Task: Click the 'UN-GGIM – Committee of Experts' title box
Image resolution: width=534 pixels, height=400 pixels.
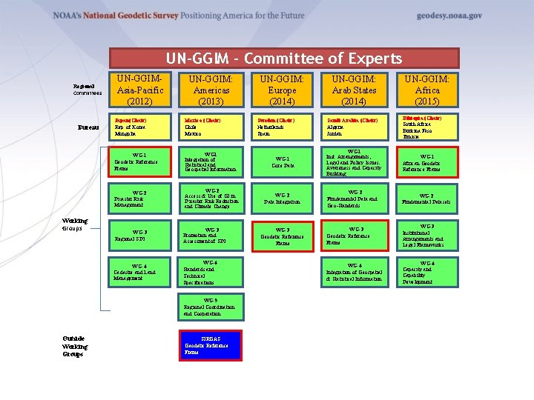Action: pyautogui.click(x=284, y=59)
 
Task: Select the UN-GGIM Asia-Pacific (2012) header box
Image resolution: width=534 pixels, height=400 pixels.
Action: pyautogui.click(x=139, y=90)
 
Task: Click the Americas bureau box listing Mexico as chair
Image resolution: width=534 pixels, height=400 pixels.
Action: pyautogui.click(x=211, y=126)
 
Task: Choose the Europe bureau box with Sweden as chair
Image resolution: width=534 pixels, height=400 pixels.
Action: pyautogui.click(x=283, y=126)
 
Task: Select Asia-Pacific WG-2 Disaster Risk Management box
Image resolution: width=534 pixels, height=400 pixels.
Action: pyautogui.click(x=139, y=199)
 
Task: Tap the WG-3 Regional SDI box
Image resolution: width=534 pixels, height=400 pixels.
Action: pyautogui.click(x=139, y=236)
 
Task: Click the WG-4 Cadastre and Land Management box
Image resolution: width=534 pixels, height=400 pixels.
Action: pyautogui.click(x=139, y=273)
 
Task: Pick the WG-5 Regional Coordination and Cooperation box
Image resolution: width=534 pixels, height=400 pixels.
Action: pyautogui.click(x=211, y=307)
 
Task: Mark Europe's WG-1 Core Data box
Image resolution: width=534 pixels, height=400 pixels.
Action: pyautogui.click(x=283, y=162)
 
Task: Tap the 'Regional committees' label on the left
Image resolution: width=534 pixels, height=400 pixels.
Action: pyautogui.click(x=87, y=90)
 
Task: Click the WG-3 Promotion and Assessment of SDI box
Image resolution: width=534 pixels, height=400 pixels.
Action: pyautogui.click(x=211, y=236)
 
